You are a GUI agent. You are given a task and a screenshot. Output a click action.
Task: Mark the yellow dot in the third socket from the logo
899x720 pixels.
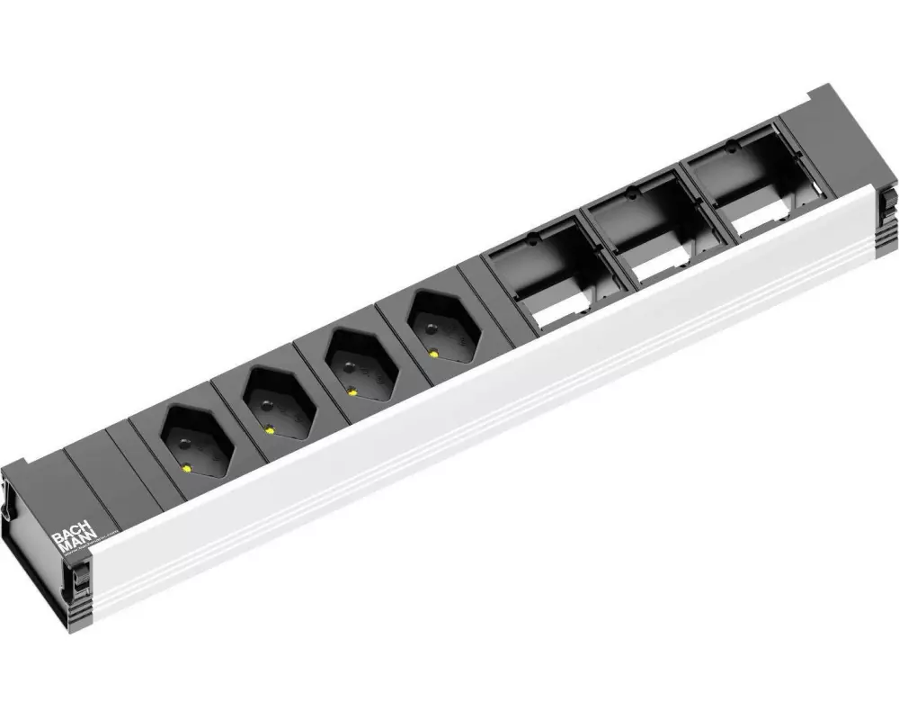coord(352,391)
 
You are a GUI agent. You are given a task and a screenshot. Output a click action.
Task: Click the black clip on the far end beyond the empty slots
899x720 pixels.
coord(888,206)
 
